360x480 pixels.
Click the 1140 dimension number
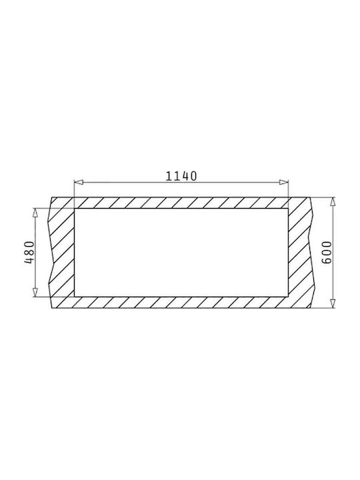pyautogui.click(x=181, y=176)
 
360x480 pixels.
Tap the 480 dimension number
pyautogui.click(x=29, y=253)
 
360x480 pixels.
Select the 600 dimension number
pyautogui.click(x=327, y=253)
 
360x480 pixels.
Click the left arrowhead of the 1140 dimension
pyautogui.click(x=79, y=183)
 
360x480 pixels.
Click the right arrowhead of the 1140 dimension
pyautogui.click(x=283, y=183)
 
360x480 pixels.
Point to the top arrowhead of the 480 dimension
pyautogui.click(x=35, y=213)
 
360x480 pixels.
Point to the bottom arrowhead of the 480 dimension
pyautogui.click(x=35, y=292)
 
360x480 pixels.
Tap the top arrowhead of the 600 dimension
pyautogui.click(x=333, y=202)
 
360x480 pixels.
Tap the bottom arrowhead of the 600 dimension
pyautogui.click(x=333, y=303)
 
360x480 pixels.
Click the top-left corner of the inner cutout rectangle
pyautogui.click(x=75, y=209)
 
